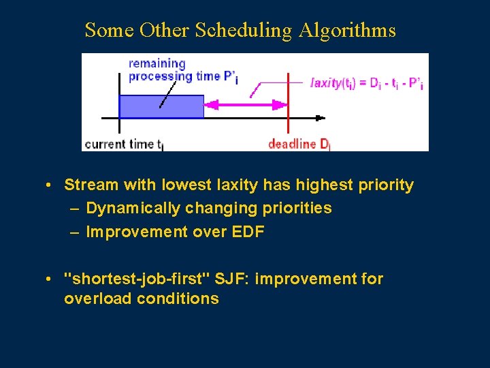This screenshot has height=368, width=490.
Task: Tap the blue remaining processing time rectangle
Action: click(161, 107)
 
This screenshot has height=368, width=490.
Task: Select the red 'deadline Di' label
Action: click(299, 144)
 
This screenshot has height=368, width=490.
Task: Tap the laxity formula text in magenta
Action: click(366, 83)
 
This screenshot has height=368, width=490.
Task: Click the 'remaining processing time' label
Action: click(181, 70)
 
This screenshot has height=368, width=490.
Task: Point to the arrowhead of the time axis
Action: click(320, 119)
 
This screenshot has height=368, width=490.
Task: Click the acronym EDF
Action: click(248, 232)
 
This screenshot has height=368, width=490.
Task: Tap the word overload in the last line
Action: click(95, 298)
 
